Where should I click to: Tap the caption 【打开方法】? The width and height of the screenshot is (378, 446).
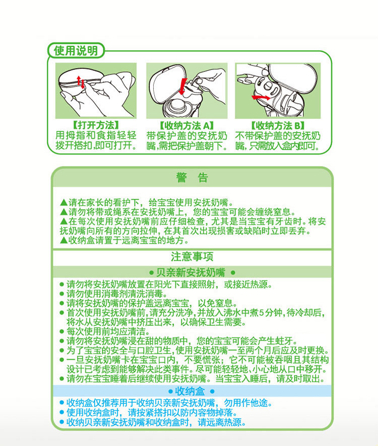(95, 125)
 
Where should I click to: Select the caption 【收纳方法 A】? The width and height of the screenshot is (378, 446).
(186, 125)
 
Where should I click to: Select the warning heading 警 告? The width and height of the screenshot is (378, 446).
(192, 178)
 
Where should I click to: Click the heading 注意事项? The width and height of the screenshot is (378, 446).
(192, 257)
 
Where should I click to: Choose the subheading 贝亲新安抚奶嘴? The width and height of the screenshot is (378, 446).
(192, 273)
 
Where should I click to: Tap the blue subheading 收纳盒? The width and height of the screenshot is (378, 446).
(192, 391)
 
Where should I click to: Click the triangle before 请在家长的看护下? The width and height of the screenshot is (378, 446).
(64, 203)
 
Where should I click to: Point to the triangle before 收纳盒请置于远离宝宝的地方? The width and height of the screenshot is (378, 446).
(64, 240)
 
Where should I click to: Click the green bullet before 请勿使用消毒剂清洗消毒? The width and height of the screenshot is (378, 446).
(61, 294)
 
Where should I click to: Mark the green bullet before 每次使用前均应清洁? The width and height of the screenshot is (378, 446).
(61, 331)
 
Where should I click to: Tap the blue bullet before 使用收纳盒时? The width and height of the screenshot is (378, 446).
(61, 413)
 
